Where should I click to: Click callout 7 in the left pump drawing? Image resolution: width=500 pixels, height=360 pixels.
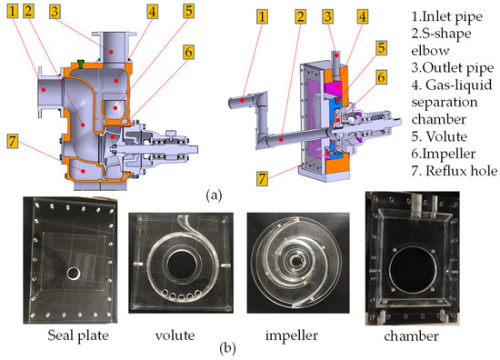pos(13,141)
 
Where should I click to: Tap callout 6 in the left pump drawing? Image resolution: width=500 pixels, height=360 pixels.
pos(189,52)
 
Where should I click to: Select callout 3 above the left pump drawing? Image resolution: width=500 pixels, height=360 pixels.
pos(55,11)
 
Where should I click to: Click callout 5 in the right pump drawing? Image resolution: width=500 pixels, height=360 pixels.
pos(382,48)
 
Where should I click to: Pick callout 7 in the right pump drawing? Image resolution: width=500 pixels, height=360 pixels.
pos(262,178)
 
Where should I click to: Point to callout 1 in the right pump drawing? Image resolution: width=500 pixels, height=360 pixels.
pos(262,16)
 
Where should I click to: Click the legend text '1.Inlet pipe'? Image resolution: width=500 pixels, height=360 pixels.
pos(446,16)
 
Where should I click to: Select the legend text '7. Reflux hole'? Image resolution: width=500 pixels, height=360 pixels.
pos(454,171)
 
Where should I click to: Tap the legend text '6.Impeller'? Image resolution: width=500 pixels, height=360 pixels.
pos(444,154)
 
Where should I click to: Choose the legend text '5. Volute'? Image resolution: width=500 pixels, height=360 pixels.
pos(439,136)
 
